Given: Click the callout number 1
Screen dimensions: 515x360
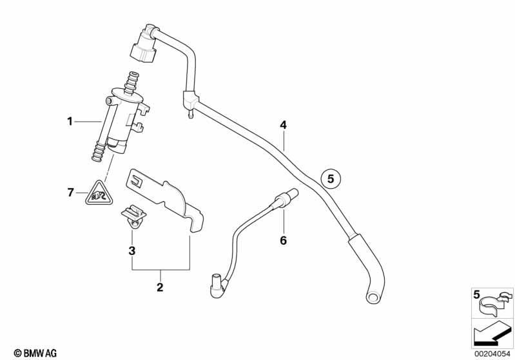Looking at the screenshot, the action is pyautogui.click(x=70, y=122).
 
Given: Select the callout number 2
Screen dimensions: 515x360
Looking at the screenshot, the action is pyautogui.click(x=160, y=287).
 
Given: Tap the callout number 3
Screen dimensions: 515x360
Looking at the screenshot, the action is pyautogui.click(x=131, y=251).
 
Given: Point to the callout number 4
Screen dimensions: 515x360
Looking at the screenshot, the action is pyautogui.click(x=283, y=125).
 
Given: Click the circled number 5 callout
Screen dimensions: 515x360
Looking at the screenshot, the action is pyautogui.click(x=331, y=179).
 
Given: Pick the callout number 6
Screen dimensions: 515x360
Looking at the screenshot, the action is pyautogui.click(x=283, y=241).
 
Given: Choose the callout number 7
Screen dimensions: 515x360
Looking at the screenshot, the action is pyautogui.click(x=70, y=193).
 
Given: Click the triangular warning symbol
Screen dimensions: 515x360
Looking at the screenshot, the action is pyautogui.click(x=99, y=194).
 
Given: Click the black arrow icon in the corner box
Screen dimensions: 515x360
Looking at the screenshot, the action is pyautogui.click(x=492, y=335).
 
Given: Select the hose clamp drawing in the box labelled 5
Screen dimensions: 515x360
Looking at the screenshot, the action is pyautogui.click(x=495, y=303).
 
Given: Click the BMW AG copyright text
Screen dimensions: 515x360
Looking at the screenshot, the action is pyautogui.click(x=35, y=353).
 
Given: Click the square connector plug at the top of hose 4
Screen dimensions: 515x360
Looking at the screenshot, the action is pyautogui.click(x=144, y=48).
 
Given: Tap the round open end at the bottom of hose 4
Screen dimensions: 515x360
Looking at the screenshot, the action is pyautogui.click(x=373, y=297).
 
